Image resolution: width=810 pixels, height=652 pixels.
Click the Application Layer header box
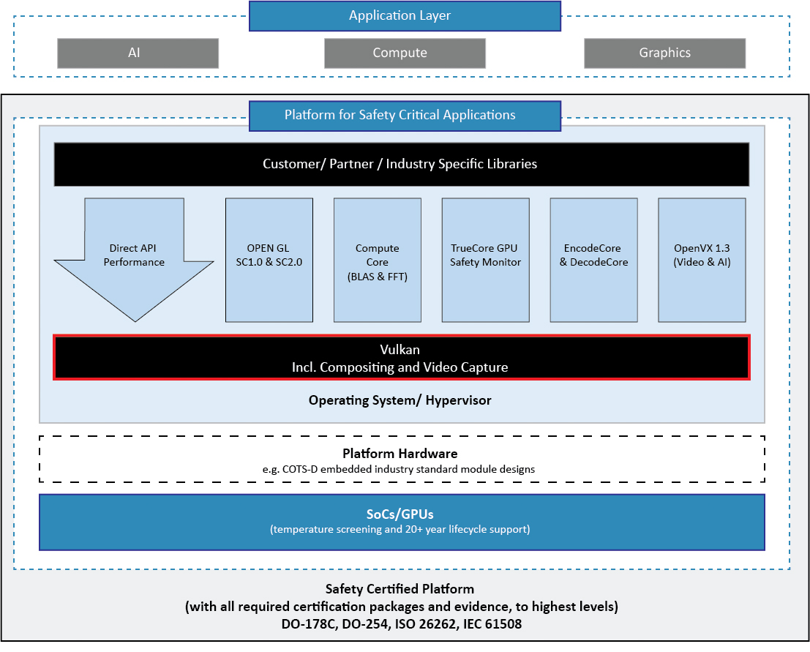[x=405, y=16]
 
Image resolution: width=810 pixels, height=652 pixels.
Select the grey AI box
[x=138, y=53]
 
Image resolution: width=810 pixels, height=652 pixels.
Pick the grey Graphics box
[x=664, y=53]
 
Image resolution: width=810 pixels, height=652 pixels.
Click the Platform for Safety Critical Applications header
[x=405, y=116]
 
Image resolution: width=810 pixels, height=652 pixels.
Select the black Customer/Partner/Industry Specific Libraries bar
[x=401, y=164]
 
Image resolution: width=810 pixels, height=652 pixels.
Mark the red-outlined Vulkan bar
[x=401, y=358]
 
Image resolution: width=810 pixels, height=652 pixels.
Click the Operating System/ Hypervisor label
[x=400, y=400]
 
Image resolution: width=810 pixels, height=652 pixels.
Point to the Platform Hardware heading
[x=400, y=454]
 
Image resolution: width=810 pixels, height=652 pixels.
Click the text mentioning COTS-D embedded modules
[x=400, y=469]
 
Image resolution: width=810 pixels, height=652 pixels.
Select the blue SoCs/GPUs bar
[x=401, y=522]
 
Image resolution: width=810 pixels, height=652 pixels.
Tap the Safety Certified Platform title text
[x=400, y=589]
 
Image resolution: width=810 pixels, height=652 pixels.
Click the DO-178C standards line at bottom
[x=401, y=625]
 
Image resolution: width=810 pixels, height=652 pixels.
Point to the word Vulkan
[x=400, y=350]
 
